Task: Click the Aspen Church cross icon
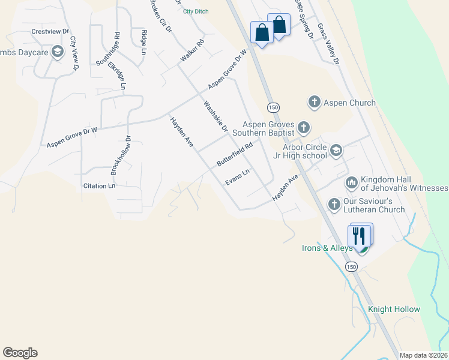tap(314, 103)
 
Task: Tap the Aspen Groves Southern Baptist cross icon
tap(304, 127)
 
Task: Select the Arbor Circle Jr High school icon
tap(335, 150)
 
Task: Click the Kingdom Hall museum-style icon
tap(352, 181)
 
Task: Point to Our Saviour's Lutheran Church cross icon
tap(334, 204)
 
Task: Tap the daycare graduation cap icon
tap(58, 52)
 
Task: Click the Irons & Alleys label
tap(327, 247)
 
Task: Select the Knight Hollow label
tap(394, 309)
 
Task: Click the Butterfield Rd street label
tap(235, 154)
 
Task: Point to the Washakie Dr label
tap(215, 116)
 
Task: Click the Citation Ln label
tap(99, 186)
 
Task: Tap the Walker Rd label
tap(192, 51)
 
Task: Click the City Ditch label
tap(196, 11)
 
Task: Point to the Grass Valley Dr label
tap(328, 44)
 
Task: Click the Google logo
tap(20, 353)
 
